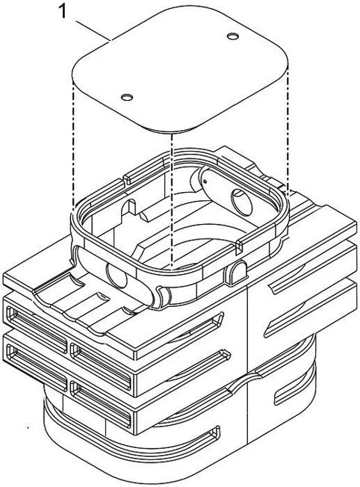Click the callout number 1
click(x=63, y=12)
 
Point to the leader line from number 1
click(x=93, y=31)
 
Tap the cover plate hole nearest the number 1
click(x=127, y=98)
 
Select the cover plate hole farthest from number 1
click(x=232, y=37)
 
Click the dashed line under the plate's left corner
click(x=74, y=146)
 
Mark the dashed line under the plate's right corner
click(x=288, y=131)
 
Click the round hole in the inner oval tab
click(x=242, y=202)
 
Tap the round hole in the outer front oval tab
click(x=117, y=275)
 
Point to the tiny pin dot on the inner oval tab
click(x=205, y=182)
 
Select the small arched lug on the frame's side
click(x=238, y=272)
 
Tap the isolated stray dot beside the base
click(x=28, y=428)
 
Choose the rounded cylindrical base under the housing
click(x=180, y=435)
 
